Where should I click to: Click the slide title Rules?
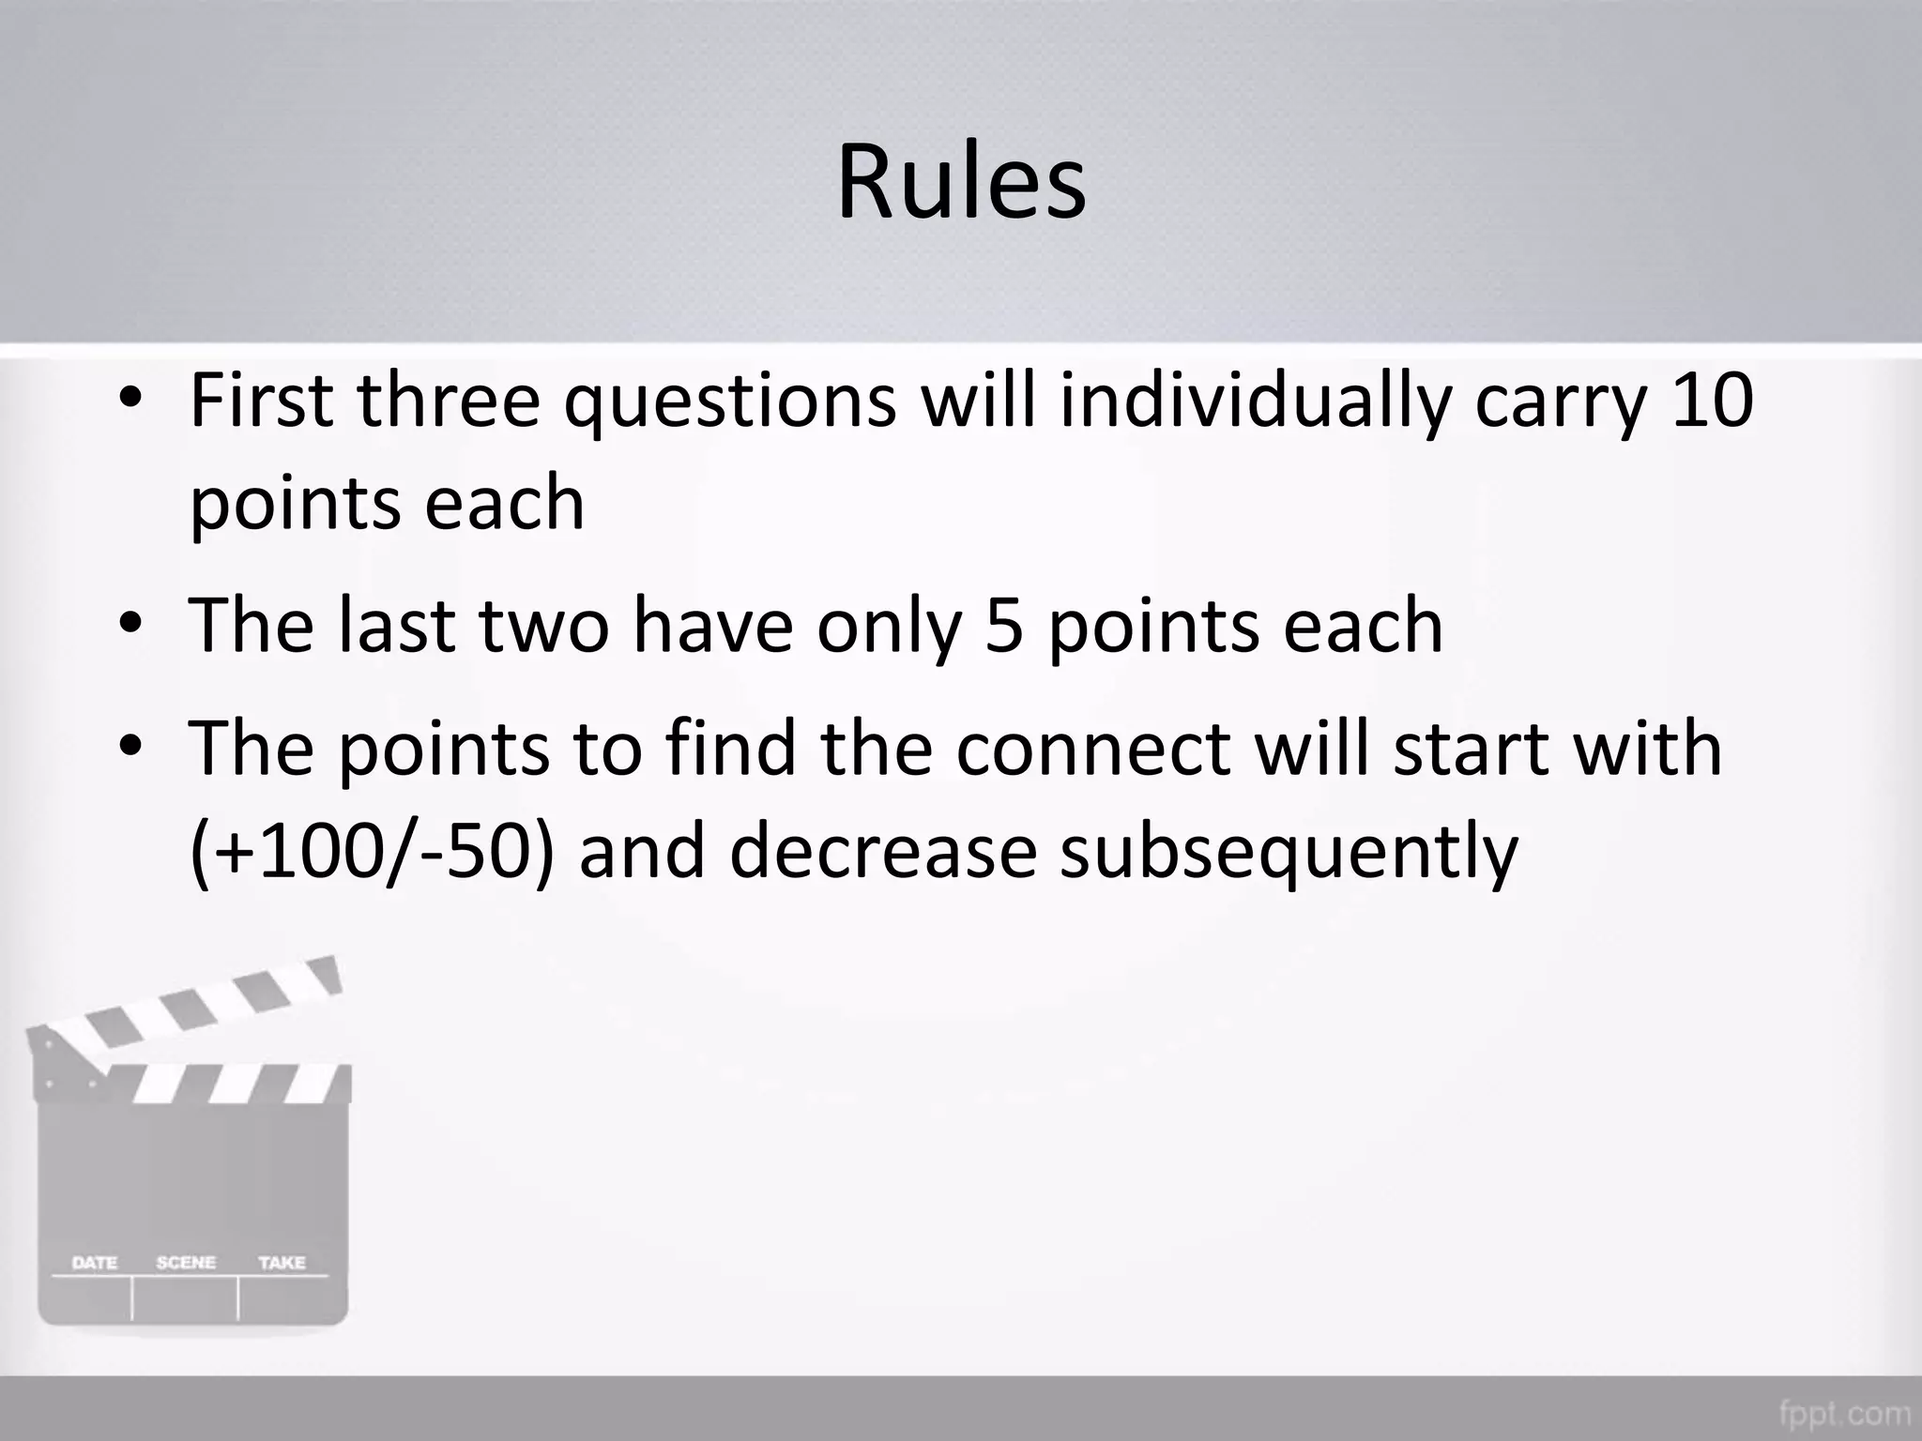[x=961, y=182]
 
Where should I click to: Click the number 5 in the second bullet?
[x=1004, y=626]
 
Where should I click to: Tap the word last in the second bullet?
[x=398, y=625]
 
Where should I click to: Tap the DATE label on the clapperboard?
[x=95, y=1263]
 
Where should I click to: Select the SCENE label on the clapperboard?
[x=186, y=1263]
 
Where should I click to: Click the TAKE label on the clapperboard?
[x=282, y=1263]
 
